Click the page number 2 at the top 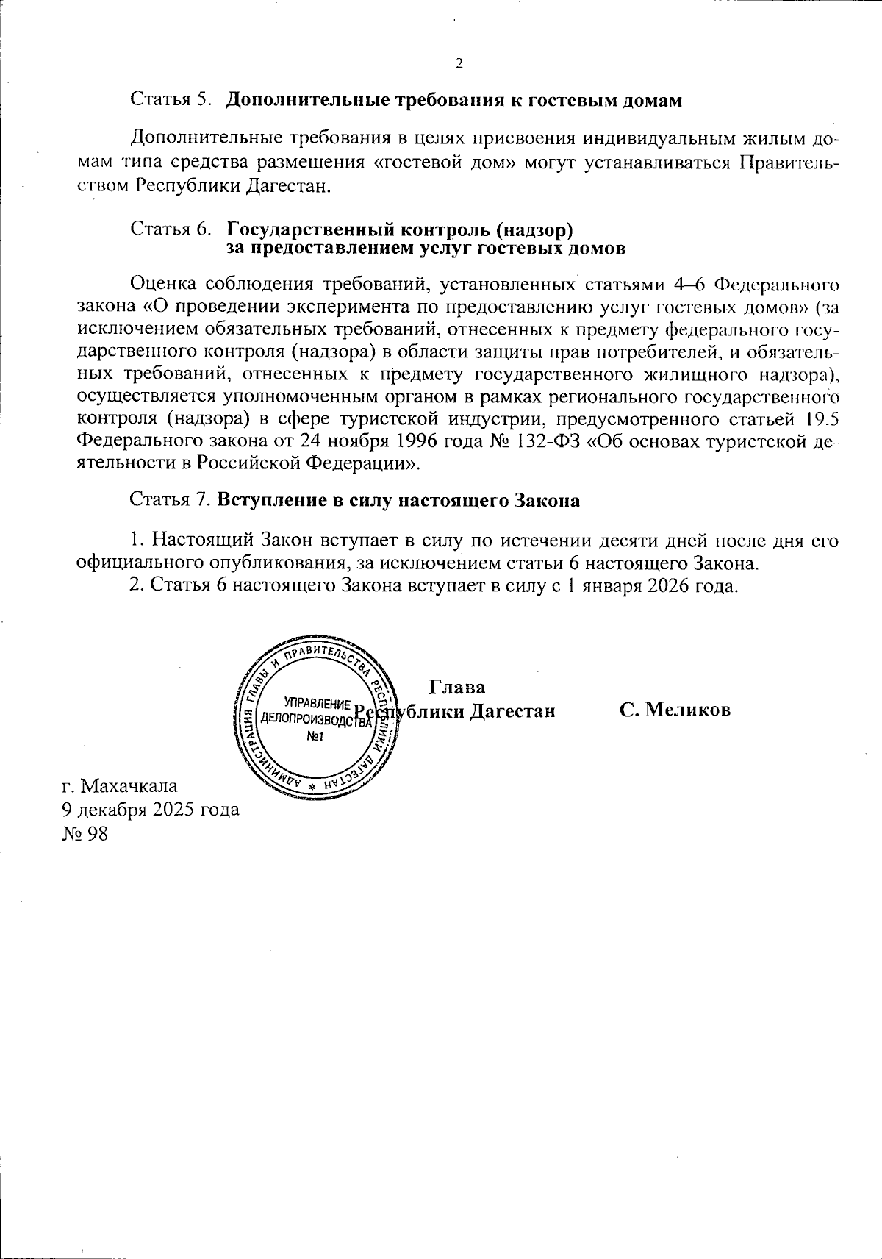click(x=459, y=64)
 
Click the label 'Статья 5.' click(x=171, y=100)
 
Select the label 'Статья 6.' click(x=171, y=230)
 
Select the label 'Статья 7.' click(x=171, y=500)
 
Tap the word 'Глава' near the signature click(x=456, y=688)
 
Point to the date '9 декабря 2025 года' click(x=150, y=810)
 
